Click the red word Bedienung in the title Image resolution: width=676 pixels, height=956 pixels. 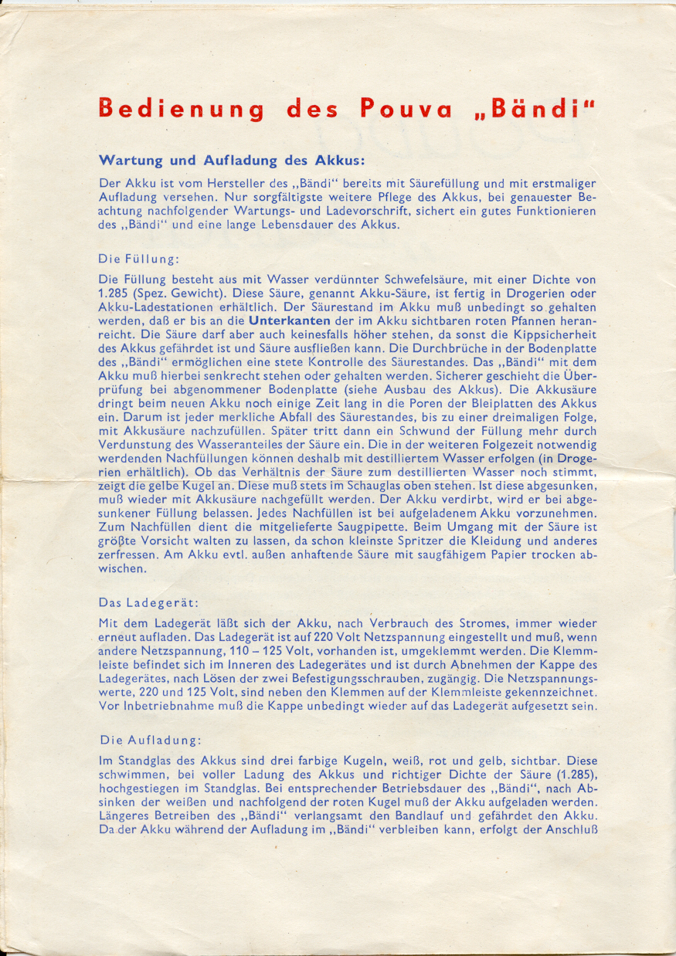[x=181, y=109]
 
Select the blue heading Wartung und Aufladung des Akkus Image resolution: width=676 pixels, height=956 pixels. [x=232, y=161]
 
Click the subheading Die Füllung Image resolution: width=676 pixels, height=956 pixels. [x=139, y=259]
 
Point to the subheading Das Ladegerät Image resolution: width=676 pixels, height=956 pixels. [x=148, y=602]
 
